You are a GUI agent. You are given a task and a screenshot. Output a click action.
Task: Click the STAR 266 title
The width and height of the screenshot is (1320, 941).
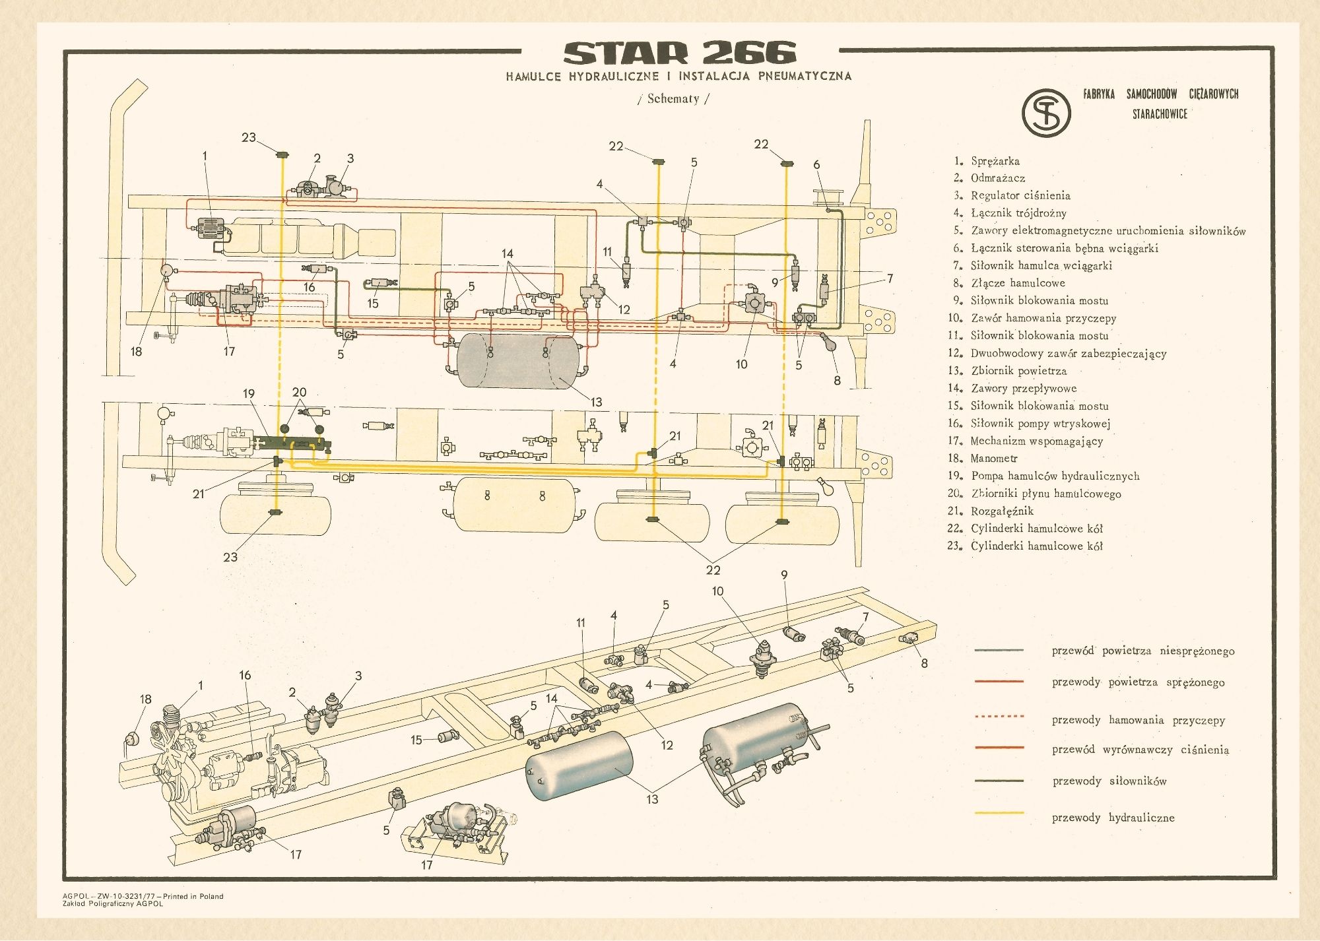pos(680,53)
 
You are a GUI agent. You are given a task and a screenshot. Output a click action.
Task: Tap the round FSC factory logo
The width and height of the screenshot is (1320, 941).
pos(1046,113)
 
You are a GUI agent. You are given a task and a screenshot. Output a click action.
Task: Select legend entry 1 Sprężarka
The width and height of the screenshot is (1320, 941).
pos(995,161)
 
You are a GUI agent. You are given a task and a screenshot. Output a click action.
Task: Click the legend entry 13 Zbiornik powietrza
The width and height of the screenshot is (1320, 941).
pos(1018,371)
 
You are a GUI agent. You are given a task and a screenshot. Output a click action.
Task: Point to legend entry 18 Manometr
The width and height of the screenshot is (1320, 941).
pos(993,458)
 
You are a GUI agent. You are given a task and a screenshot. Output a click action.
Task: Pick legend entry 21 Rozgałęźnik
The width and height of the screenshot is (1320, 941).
pos(1001,511)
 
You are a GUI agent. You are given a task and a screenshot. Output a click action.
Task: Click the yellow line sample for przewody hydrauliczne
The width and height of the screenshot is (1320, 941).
pos(999,813)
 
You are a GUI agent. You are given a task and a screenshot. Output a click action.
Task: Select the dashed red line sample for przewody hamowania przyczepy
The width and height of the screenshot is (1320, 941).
pos(999,716)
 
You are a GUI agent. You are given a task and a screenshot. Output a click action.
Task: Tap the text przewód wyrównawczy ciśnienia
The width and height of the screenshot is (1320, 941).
pos(1140,750)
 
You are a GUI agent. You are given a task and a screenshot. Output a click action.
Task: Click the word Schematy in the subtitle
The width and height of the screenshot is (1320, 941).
pos(673,99)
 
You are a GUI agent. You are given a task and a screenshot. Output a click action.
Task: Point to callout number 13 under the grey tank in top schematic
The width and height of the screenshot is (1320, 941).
pos(596,402)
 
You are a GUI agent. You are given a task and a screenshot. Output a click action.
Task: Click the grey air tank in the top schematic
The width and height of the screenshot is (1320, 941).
pos(518,360)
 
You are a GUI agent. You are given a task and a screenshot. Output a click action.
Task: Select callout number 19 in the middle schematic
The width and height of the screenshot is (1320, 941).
pos(249,393)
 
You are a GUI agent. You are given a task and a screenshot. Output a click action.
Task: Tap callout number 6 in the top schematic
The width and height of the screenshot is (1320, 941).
pos(816,165)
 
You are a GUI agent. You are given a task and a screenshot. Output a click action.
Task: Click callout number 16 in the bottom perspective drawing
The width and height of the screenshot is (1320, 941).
pos(245,675)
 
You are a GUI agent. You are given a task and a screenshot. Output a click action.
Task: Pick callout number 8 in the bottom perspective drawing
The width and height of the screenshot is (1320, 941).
pos(924,663)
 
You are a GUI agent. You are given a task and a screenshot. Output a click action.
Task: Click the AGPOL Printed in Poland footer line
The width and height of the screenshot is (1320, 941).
pos(143,896)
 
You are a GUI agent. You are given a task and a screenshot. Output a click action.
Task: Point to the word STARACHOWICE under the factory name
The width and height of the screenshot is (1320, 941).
pos(1160,114)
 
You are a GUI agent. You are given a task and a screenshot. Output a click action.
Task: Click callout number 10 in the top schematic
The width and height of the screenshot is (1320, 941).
pos(742,364)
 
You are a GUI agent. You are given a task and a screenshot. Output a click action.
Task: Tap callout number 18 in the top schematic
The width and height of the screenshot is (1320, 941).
pos(136,352)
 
